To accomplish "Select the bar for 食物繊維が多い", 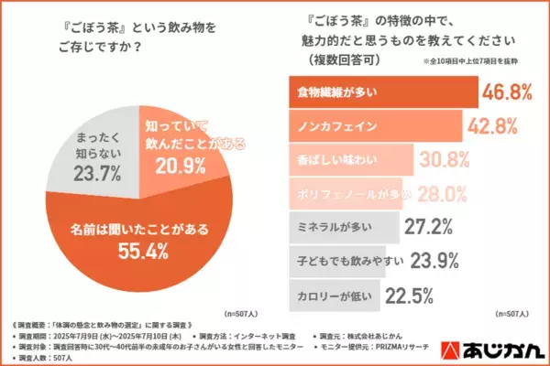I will (x=378, y=92).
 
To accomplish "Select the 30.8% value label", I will (x=445, y=161).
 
